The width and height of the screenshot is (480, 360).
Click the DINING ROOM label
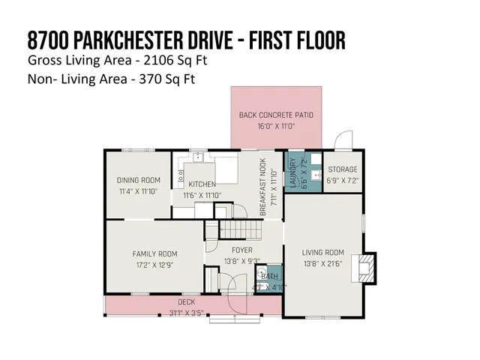click(139, 180)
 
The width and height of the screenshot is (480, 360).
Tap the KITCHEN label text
click(202, 184)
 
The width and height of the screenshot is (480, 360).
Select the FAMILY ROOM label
click(154, 253)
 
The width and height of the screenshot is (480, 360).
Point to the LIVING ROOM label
click(322, 253)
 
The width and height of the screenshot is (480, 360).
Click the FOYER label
click(241, 250)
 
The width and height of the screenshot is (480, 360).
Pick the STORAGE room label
click(342, 169)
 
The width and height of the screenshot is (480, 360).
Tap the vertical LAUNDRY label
click(293, 172)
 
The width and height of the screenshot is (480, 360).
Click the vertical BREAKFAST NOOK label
click(263, 191)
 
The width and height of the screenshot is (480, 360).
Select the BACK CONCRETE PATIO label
click(276, 115)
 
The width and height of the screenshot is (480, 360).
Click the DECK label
click(187, 301)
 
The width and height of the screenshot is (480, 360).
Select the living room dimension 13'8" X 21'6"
click(322, 265)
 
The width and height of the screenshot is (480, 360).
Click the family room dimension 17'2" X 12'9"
click(154, 265)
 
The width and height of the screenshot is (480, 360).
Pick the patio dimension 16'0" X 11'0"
click(276, 127)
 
